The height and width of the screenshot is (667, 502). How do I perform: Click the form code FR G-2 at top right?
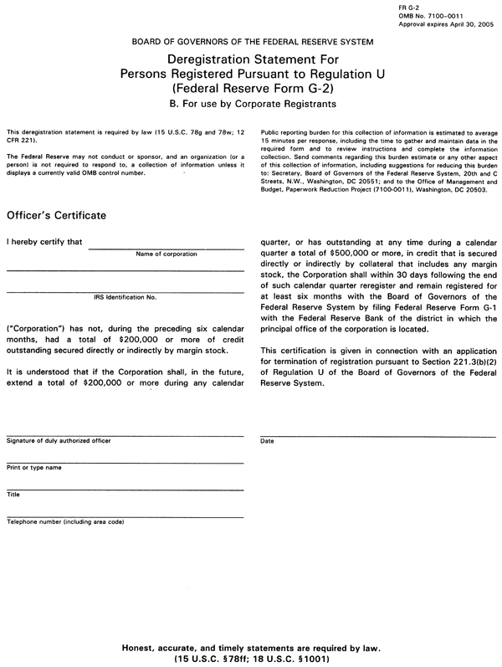pos(407,7)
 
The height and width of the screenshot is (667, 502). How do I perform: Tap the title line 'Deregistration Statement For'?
pos(252,59)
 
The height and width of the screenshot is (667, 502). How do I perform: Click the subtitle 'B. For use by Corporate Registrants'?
pos(252,105)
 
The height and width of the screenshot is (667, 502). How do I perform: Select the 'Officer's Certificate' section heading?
pos(57,216)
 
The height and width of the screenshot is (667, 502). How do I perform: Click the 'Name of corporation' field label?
pos(166,254)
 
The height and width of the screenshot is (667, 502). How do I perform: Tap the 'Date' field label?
pos(268,440)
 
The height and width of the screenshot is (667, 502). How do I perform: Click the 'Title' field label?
pos(13,495)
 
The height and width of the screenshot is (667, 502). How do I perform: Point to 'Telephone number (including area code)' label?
pos(65,521)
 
